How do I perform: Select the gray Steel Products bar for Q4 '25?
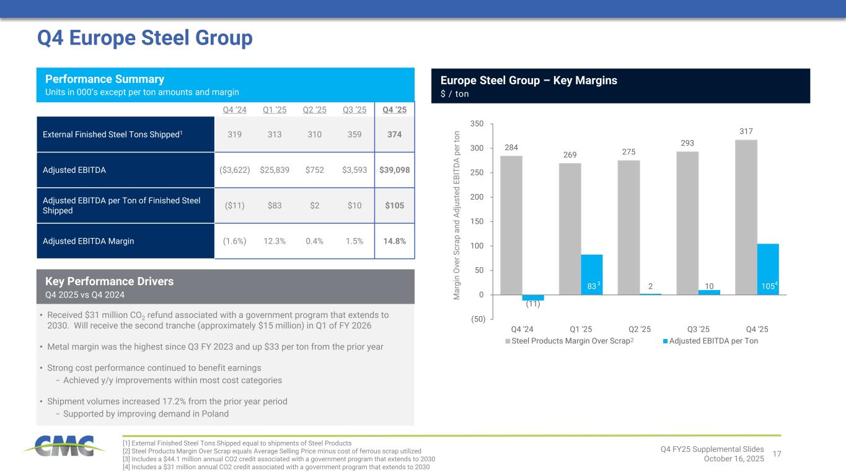click(746, 217)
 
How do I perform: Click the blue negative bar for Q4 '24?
click(533, 297)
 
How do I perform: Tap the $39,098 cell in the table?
click(395, 170)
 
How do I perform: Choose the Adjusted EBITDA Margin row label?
click(89, 241)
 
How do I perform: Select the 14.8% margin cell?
click(395, 241)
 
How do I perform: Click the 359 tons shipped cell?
click(355, 134)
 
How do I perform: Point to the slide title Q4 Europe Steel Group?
click(145, 38)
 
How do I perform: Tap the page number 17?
click(776, 454)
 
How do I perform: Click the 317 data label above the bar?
click(746, 131)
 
